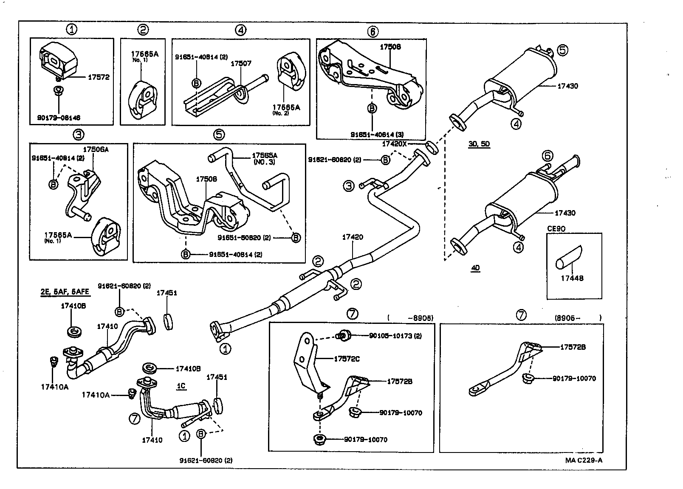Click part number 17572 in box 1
point(99,77)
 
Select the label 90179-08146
point(59,118)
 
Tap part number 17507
point(241,63)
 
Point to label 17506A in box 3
point(96,149)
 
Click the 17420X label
point(395,144)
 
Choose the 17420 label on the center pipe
point(353,237)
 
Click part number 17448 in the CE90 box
point(572,278)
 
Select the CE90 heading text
point(556,228)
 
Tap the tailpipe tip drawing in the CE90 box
point(568,257)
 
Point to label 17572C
point(347,359)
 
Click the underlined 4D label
point(475,268)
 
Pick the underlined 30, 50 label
point(479,143)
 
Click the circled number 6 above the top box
point(373,31)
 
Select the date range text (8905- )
point(578,317)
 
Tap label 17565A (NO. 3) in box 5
point(264,159)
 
